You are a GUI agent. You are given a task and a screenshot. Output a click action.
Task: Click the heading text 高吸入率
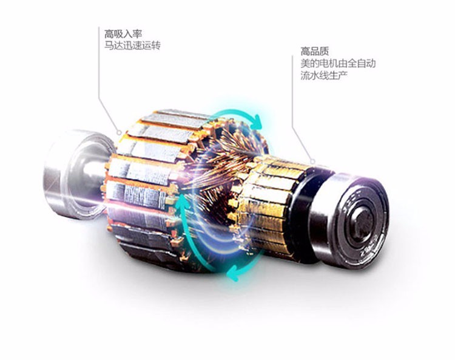(123, 34)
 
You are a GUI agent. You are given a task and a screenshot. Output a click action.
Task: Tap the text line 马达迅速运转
(132, 46)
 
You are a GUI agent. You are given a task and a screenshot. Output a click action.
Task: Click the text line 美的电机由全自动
(338, 63)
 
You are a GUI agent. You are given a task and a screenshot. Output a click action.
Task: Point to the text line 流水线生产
(324, 75)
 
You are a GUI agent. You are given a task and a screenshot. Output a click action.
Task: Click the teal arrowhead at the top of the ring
(257, 121)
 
